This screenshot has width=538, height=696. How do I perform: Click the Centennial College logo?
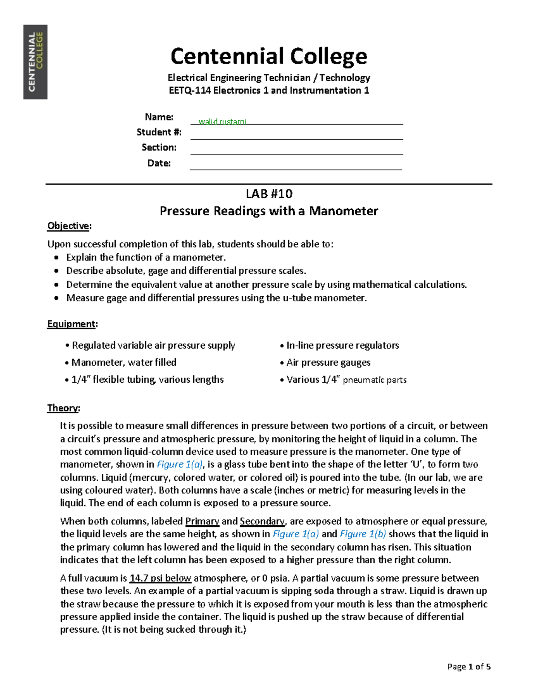(x=35, y=62)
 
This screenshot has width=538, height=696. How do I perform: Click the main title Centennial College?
(x=269, y=56)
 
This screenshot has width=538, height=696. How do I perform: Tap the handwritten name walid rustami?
(x=222, y=121)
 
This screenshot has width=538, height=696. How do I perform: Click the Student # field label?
(x=159, y=132)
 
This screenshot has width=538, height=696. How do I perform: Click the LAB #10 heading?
(x=269, y=194)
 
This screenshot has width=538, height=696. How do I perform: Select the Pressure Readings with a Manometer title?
(x=269, y=211)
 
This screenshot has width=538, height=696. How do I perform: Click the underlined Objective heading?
(x=69, y=226)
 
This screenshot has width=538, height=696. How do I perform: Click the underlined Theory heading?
(x=63, y=408)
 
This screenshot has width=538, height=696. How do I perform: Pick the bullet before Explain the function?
(x=56, y=258)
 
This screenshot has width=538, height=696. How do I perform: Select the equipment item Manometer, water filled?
(x=124, y=362)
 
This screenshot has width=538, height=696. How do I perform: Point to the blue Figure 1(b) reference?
(x=363, y=534)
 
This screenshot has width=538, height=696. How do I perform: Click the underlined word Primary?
(x=202, y=521)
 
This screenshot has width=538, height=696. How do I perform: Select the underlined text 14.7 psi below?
(x=160, y=578)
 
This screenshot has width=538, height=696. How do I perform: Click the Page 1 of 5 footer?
(x=469, y=666)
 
